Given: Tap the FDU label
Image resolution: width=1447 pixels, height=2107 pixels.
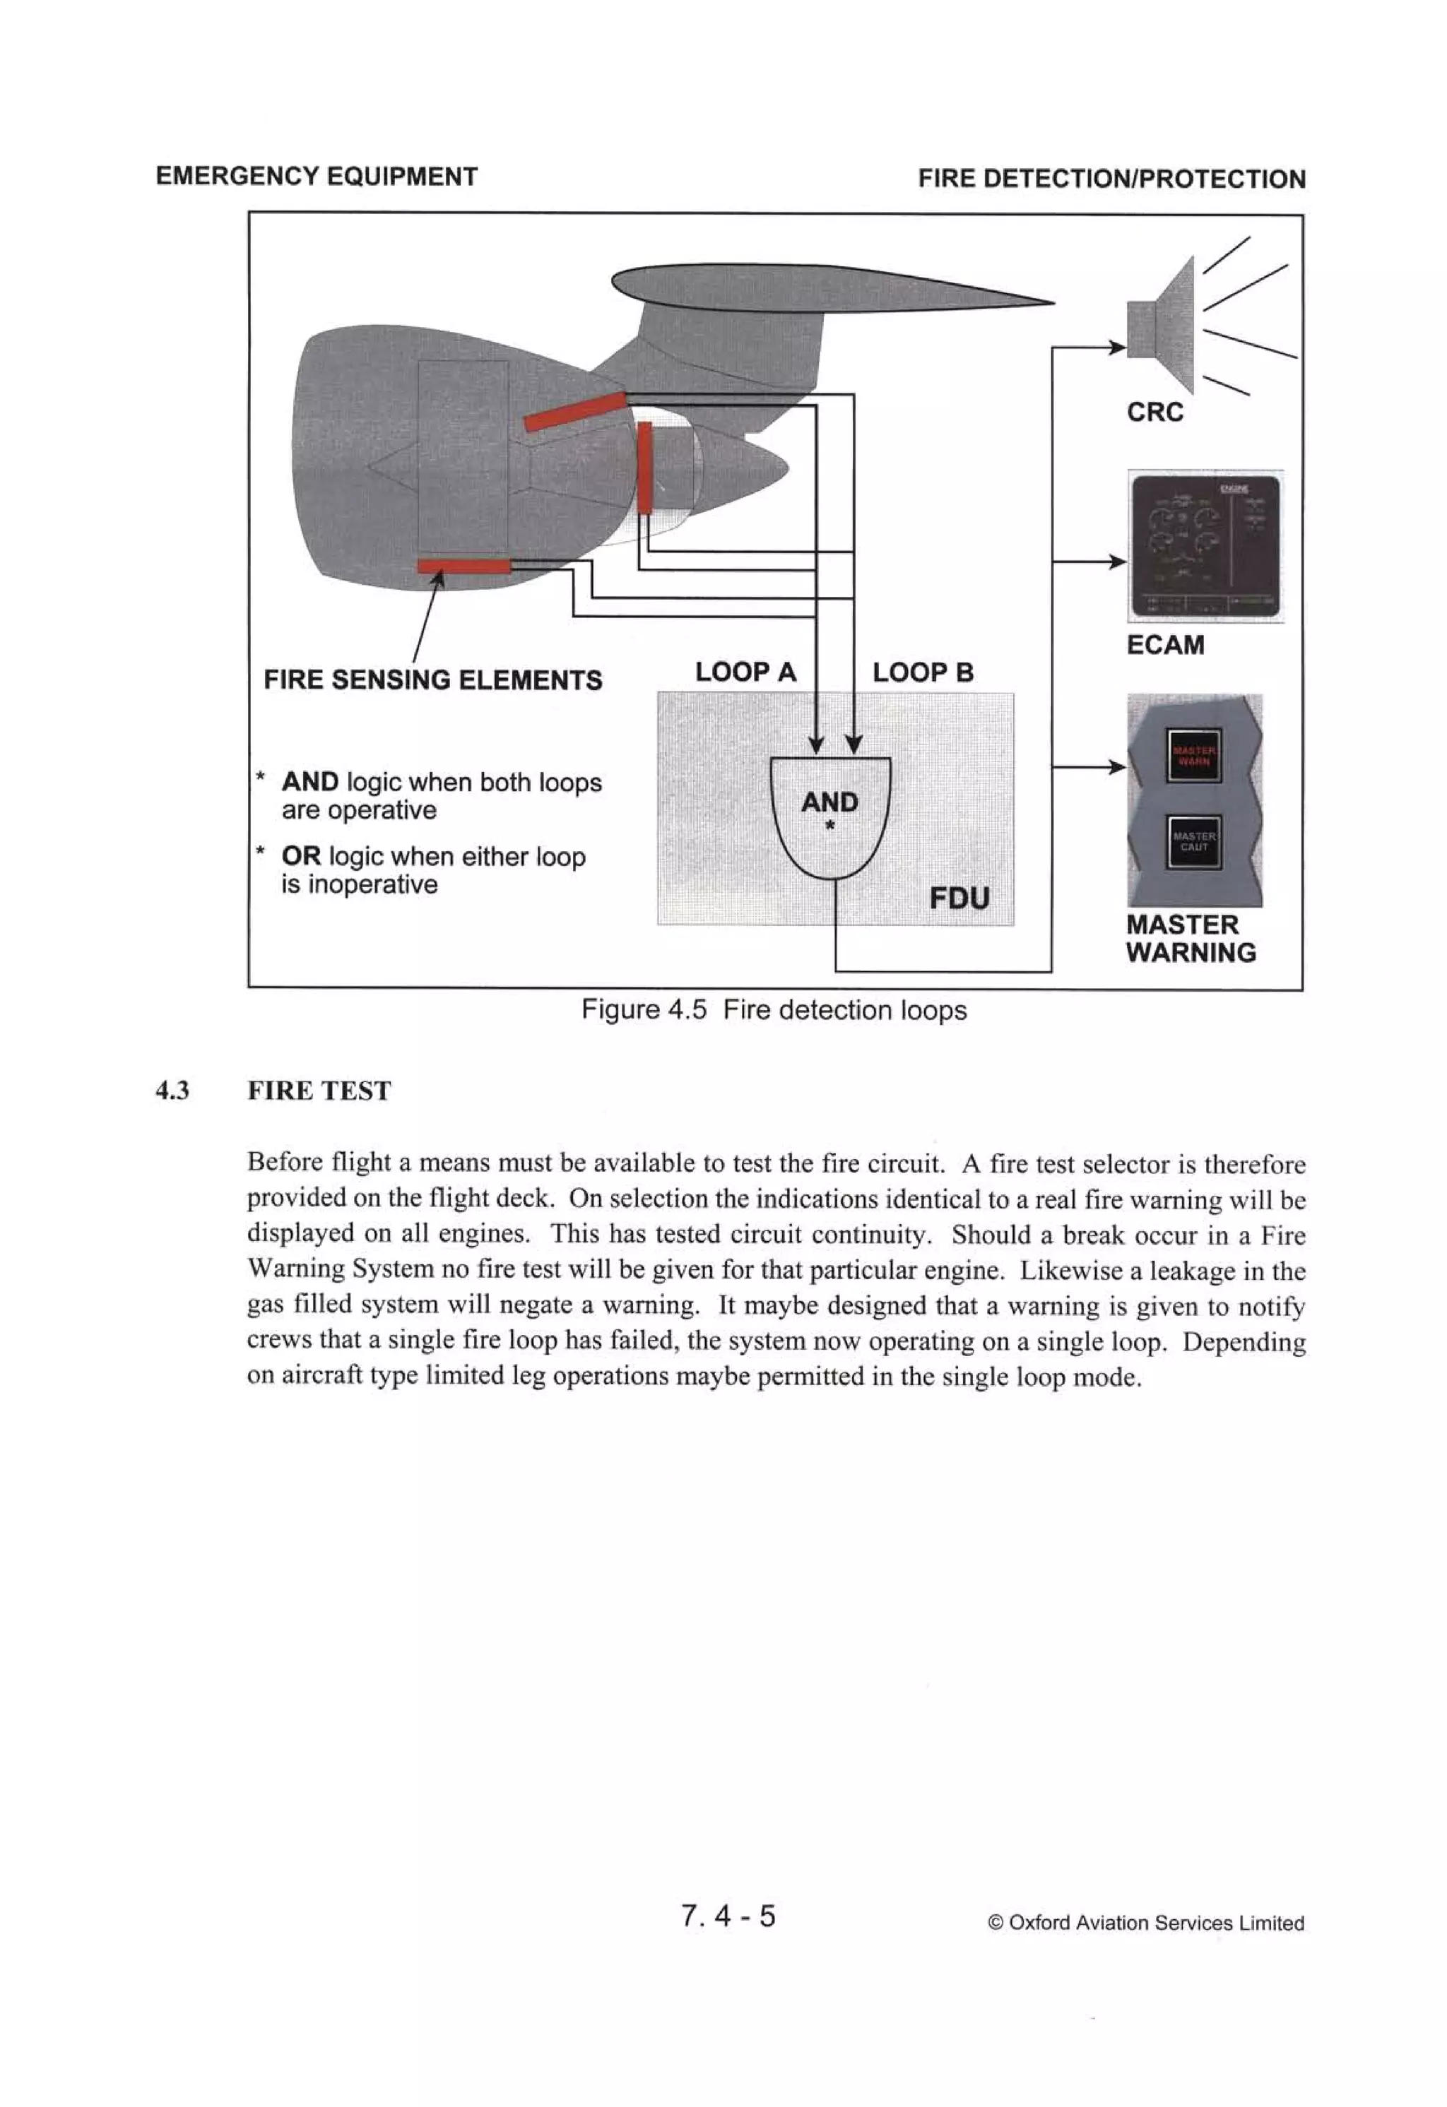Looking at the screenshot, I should tap(959, 898).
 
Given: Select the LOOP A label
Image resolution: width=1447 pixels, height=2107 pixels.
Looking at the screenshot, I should tap(745, 672).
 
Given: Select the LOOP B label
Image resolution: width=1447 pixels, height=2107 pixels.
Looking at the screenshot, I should tap(922, 672).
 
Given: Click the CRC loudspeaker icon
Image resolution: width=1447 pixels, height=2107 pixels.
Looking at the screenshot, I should tap(1164, 327).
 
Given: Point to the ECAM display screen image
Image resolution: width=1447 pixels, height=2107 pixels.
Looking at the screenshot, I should tap(1205, 546).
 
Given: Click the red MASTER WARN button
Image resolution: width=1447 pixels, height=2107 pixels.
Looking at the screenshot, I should tap(1193, 755).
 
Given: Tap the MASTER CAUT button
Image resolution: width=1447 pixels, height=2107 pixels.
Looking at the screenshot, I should tap(1193, 841).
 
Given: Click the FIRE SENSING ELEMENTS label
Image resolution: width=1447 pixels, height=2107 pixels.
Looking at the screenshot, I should tap(432, 680).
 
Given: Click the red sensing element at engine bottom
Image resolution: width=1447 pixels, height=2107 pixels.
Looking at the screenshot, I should tap(463, 566).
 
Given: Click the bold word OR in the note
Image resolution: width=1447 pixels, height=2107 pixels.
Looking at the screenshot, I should tap(301, 856).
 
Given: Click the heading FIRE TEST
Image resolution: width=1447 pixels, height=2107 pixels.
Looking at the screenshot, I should tap(319, 1091).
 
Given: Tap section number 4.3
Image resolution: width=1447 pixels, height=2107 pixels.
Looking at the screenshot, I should tap(172, 1091).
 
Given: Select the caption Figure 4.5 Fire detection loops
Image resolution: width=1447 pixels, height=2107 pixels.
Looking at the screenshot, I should tap(774, 1010).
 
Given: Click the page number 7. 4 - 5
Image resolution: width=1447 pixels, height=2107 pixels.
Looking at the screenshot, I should tap(728, 1916).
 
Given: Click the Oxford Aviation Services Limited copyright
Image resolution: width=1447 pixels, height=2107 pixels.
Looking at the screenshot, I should tap(1146, 1923).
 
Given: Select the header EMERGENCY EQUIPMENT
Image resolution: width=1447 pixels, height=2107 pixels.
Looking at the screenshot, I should tap(317, 176).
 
